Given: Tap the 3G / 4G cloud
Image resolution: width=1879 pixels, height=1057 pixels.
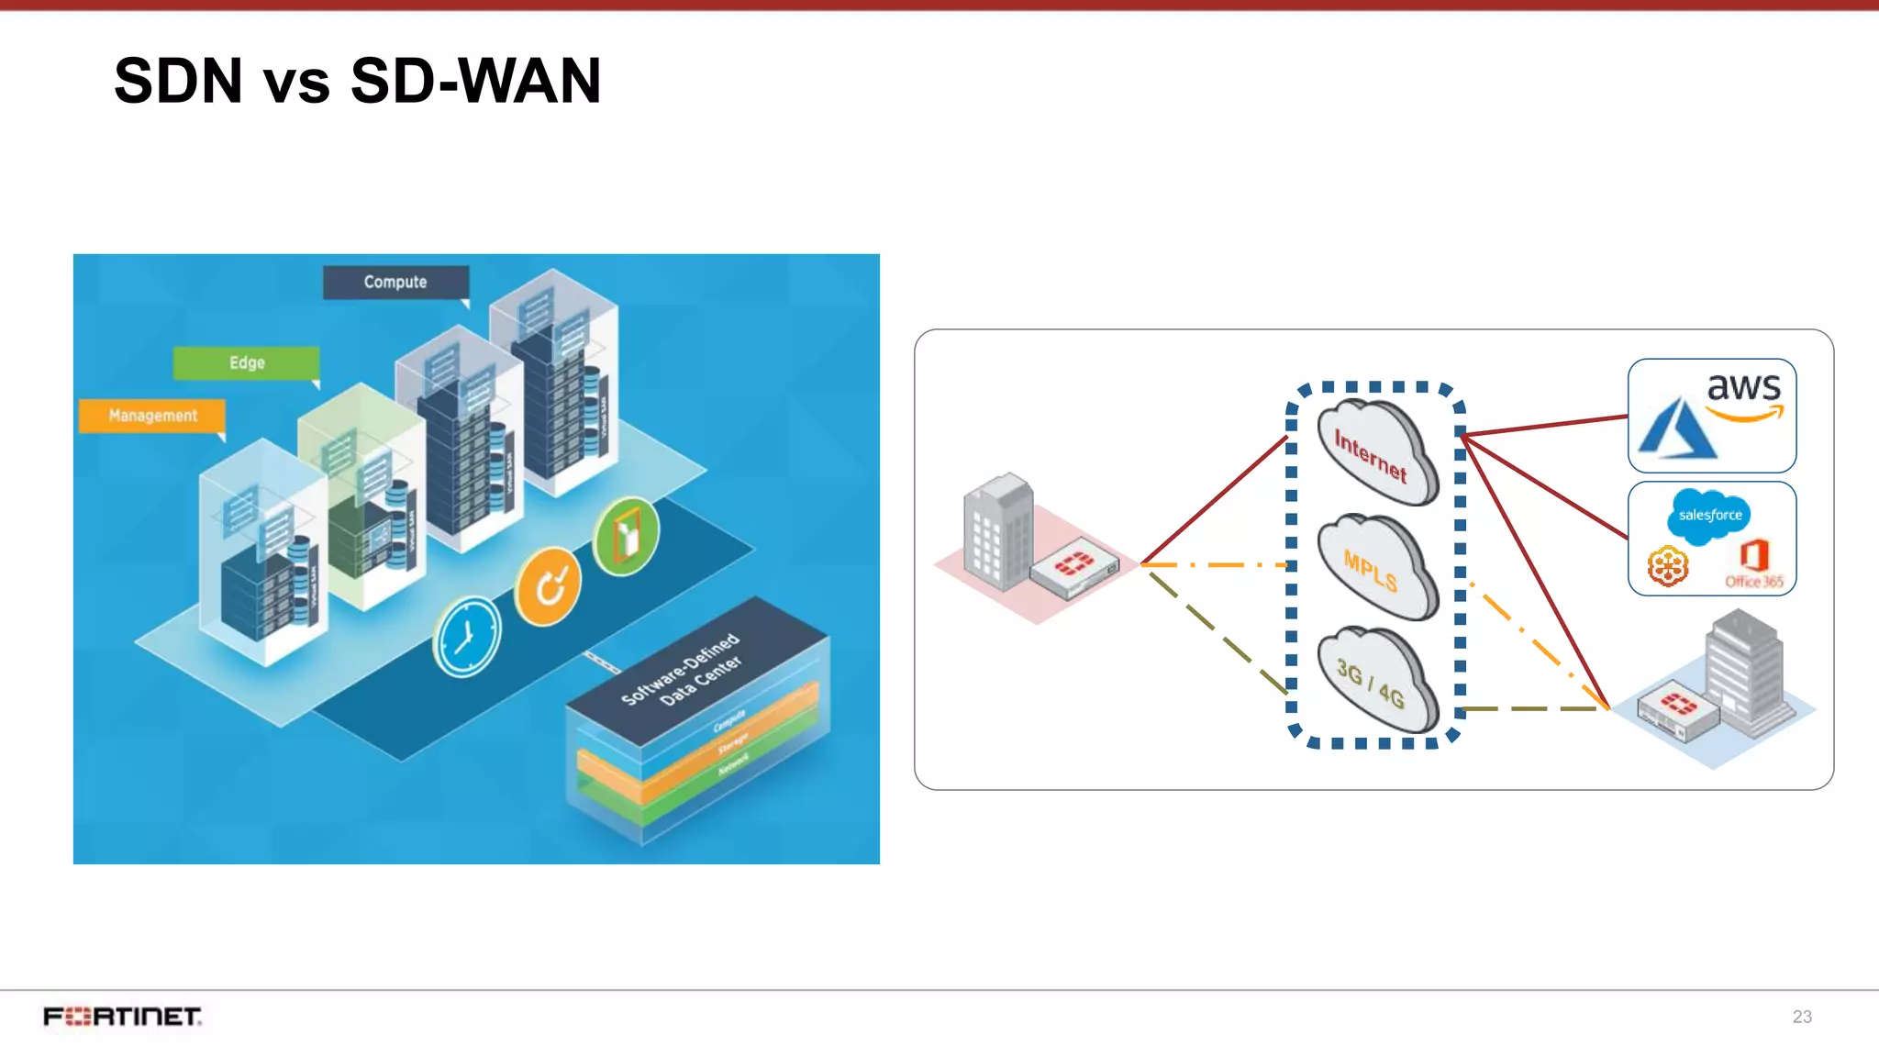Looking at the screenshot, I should [x=1373, y=681].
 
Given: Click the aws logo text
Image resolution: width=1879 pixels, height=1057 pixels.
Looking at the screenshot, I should [x=1743, y=387].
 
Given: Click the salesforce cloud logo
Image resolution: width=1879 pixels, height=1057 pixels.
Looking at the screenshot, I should [x=1709, y=515].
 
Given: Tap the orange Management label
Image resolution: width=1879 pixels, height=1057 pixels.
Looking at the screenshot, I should [x=152, y=416].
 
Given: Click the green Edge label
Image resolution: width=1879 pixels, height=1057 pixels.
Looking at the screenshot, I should [x=247, y=362].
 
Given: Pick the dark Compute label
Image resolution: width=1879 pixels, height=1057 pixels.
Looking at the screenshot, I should [x=395, y=282].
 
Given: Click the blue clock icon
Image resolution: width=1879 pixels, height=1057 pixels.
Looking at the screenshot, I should [x=467, y=637].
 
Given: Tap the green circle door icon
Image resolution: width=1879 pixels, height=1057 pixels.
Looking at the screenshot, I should [x=627, y=537].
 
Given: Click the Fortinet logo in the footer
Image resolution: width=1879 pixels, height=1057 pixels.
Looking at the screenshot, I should [x=122, y=1017].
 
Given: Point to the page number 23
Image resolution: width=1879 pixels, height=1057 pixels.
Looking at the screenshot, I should [x=1801, y=1017].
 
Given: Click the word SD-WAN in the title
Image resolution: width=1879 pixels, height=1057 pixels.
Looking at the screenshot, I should [x=474, y=81].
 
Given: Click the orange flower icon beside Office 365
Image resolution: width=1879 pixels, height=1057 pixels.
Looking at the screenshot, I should [x=1667, y=566].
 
